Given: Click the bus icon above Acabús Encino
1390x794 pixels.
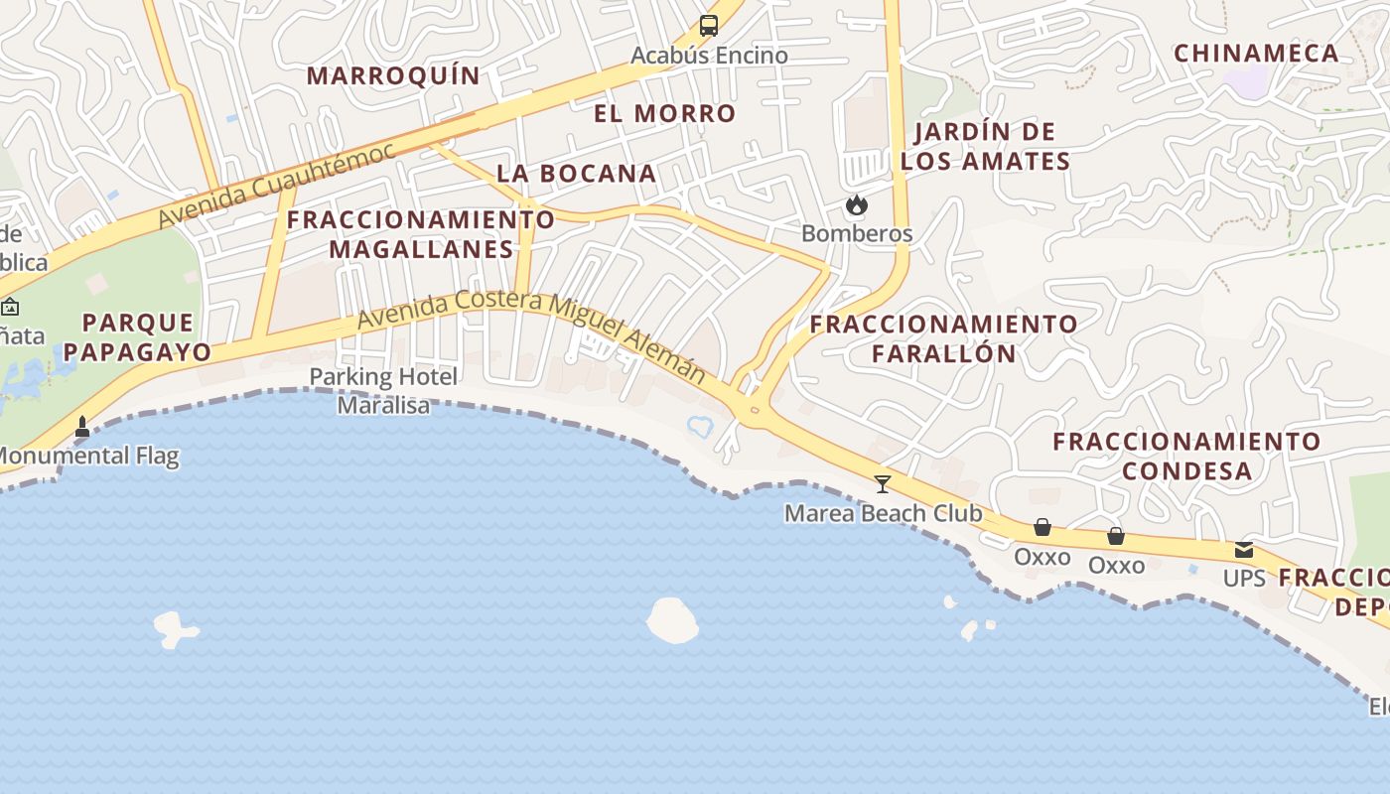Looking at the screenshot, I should coord(708,26).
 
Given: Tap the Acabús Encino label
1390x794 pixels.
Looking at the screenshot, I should coord(709,56).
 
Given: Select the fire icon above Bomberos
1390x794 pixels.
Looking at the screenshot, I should coord(856,205).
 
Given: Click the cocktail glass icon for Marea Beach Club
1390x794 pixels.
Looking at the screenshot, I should coord(882,484).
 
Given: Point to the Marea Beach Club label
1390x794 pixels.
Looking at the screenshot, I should coord(883,513).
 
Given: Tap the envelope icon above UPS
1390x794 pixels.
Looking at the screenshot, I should coord(1243,550).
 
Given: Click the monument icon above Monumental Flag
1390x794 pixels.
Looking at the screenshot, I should coord(82,427).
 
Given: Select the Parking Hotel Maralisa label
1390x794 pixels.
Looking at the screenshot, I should coord(383,391).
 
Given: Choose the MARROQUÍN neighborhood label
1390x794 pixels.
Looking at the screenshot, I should coord(393,75).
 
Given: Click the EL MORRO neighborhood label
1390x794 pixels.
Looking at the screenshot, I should coord(665,113).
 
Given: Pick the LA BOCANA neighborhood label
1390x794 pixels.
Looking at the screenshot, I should coord(576,173).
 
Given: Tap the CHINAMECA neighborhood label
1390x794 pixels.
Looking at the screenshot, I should coord(1257,54).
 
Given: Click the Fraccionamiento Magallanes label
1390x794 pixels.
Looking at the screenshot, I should coord(421,234).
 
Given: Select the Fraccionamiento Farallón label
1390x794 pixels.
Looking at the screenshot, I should coord(943,338).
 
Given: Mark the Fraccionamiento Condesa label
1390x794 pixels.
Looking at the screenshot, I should coord(1186,456).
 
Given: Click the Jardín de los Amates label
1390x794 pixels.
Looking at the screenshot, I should coord(985,146).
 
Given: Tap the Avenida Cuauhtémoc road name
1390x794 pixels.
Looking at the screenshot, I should coord(277,185).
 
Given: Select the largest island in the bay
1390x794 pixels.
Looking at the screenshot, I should coord(672,619).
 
